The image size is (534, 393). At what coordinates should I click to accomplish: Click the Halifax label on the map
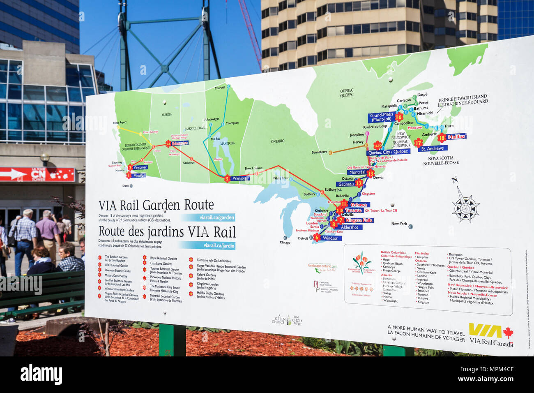(456, 136)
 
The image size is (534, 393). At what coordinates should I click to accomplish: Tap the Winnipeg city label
(239, 178)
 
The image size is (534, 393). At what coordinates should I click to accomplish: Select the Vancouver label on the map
(140, 167)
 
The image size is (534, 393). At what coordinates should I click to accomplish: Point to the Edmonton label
(180, 143)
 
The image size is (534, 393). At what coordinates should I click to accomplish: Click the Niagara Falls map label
(359, 220)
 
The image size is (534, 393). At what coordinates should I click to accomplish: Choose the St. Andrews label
(432, 148)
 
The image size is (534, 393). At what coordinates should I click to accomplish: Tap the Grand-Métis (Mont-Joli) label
(381, 118)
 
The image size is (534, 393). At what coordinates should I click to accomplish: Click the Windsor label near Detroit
(330, 238)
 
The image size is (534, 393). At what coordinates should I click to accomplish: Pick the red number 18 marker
(442, 138)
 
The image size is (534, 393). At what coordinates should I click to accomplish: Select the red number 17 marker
(418, 143)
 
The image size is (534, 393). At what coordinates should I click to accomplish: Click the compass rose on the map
(465, 206)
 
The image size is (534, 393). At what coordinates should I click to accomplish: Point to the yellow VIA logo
(485, 331)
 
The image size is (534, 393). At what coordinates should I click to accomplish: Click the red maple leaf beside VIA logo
(508, 332)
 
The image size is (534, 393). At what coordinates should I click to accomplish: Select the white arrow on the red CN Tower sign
(14, 174)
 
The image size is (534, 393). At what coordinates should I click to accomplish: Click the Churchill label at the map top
(220, 88)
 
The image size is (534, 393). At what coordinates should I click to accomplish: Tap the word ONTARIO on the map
(277, 141)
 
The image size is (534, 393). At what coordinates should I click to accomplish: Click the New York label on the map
(399, 224)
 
